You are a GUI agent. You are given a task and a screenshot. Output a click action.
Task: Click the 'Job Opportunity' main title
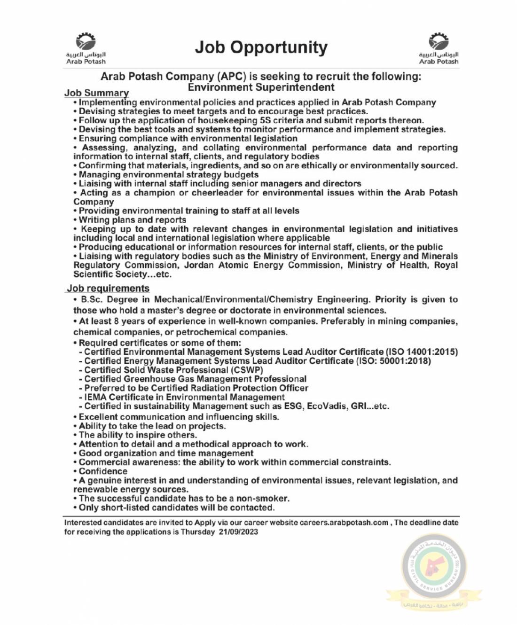[x=261, y=47]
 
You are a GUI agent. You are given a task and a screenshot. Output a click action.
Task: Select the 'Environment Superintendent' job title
[x=261, y=87]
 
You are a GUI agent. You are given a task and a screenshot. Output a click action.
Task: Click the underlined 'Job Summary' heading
[x=96, y=93]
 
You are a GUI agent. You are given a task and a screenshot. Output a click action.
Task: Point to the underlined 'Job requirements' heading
[x=108, y=288]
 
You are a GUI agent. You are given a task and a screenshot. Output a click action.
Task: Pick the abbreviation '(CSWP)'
[x=247, y=370]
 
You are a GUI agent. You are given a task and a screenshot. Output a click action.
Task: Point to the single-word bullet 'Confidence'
[x=103, y=471]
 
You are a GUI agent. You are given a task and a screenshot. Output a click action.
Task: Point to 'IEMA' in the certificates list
[x=95, y=397]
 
